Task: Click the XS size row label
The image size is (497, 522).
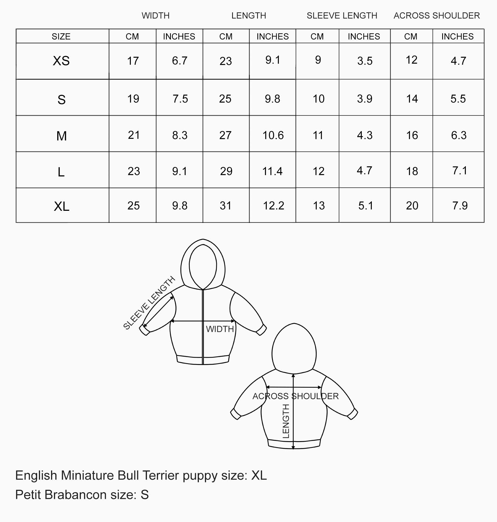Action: [x=61, y=61]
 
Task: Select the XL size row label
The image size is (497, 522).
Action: [x=62, y=206]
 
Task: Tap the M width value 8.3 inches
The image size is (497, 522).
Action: [x=180, y=135]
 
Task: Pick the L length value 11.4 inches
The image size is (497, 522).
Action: [x=272, y=171]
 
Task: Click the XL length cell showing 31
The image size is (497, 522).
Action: [x=225, y=206]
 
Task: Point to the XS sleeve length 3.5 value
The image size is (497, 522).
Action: [x=365, y=61]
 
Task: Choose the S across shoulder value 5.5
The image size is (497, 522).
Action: [x=458, y=99]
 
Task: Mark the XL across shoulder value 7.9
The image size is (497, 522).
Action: [x=460, y=206]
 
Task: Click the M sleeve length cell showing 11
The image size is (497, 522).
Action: [x=318, y=135]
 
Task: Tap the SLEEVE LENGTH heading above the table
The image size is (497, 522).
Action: [x=342, y=16]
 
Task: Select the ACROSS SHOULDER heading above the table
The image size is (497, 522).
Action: [x=437, y=16]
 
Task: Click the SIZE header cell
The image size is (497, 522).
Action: [x=61, y=37]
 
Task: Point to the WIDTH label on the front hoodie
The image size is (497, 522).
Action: [x=220, y=329]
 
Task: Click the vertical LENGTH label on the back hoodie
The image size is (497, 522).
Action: [x=286, y=421]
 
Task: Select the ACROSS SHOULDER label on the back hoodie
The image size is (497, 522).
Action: [x=296, y=396]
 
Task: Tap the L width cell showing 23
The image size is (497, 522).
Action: [x=134, y=171]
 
